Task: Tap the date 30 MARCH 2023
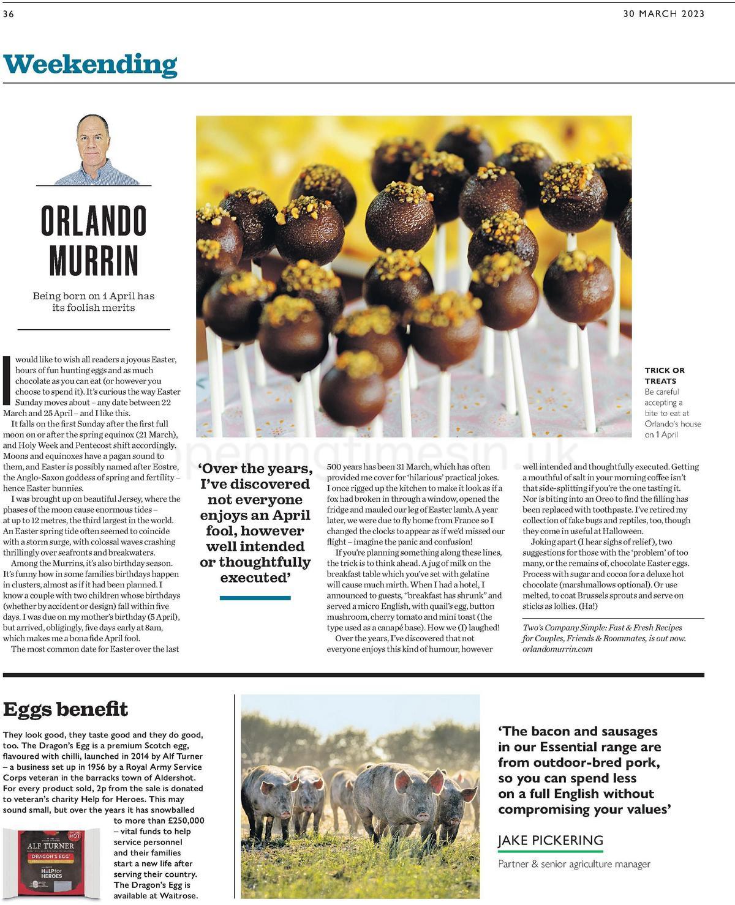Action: tap(663, 13)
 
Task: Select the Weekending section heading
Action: tap(90, 64)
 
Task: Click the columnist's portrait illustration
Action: tap(94, 150)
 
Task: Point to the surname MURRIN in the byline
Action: tap(94, 261)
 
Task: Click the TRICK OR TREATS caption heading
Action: tap(665, 375)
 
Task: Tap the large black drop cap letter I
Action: tap(7, 380)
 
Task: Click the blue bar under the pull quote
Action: tap(255, 598)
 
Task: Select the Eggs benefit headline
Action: tap(66, 709)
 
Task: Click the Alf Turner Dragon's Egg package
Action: tap(51, 863)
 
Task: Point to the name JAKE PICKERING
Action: tap(550, 840)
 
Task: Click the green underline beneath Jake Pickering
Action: tap(550, 851)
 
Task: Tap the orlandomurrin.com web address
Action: tap(557, 649)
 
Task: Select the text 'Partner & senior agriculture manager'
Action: tap(574, 864)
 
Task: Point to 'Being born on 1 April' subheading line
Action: tap(94, 296)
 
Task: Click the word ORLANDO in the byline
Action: tap(94, 221)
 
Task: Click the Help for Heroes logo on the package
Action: tap(51, 872)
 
